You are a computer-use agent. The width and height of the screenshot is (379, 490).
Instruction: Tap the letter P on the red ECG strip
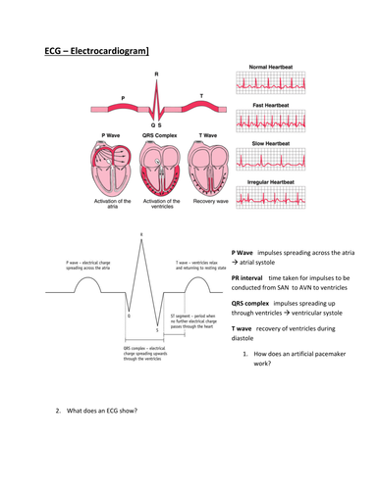[x=123, y=97]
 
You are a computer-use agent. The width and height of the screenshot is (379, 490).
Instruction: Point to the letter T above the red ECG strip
[x=203, y=94]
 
